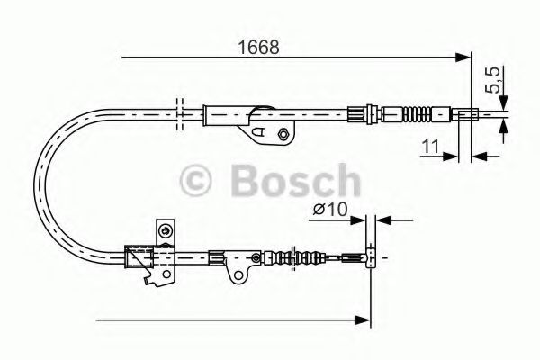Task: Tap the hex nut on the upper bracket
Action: pyautogui.click(x=283, y=135)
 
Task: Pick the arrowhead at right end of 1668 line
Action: pyautogui.click(x=465, y=58)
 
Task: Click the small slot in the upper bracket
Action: pyautogui.click(x=261, y=132)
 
